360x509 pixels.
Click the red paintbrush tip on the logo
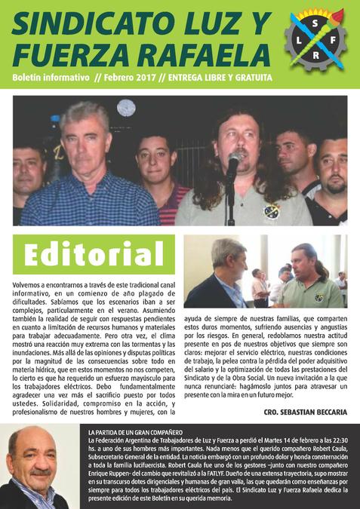coord(338,14)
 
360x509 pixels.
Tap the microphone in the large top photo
coord(234,160)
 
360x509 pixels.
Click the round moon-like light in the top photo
coord(126,108)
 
